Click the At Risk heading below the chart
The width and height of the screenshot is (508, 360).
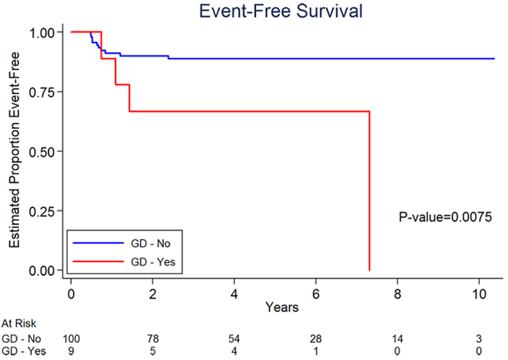coord(18,325)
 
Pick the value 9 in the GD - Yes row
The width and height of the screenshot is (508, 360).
coord(71,351)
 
